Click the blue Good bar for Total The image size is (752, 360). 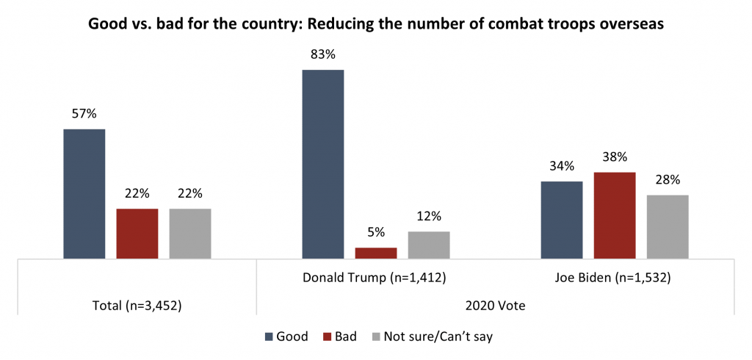coord(84,194)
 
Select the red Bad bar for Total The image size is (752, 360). coord(137,234)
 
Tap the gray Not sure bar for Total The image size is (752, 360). coord(189,234)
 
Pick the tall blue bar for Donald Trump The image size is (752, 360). coord(322,164)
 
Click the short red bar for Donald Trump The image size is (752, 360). coord(375,253)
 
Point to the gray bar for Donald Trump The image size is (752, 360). coord(428,245)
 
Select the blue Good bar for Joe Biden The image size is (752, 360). coord(561,220)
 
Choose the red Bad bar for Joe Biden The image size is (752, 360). coord(614,215)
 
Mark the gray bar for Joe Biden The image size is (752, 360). coord(667,226)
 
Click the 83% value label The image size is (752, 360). coord(322,55)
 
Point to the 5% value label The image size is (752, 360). coord(375,233)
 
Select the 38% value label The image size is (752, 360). coord(614,157)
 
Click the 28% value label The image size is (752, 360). coord(667,180)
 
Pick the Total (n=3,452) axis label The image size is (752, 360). coord(137,304)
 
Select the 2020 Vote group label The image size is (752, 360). coord(494,304)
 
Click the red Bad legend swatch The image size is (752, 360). coord(328,337)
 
